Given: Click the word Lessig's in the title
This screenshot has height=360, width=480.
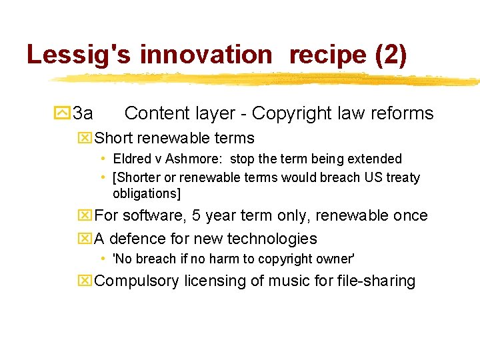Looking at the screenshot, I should [79, 55].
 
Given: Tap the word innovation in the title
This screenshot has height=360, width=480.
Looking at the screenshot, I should [206, 55].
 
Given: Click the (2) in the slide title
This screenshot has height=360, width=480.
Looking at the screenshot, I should [391, 55].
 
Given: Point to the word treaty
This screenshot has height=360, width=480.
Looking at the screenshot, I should [400, 178].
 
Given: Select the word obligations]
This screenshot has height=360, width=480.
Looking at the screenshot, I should [147, 194].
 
